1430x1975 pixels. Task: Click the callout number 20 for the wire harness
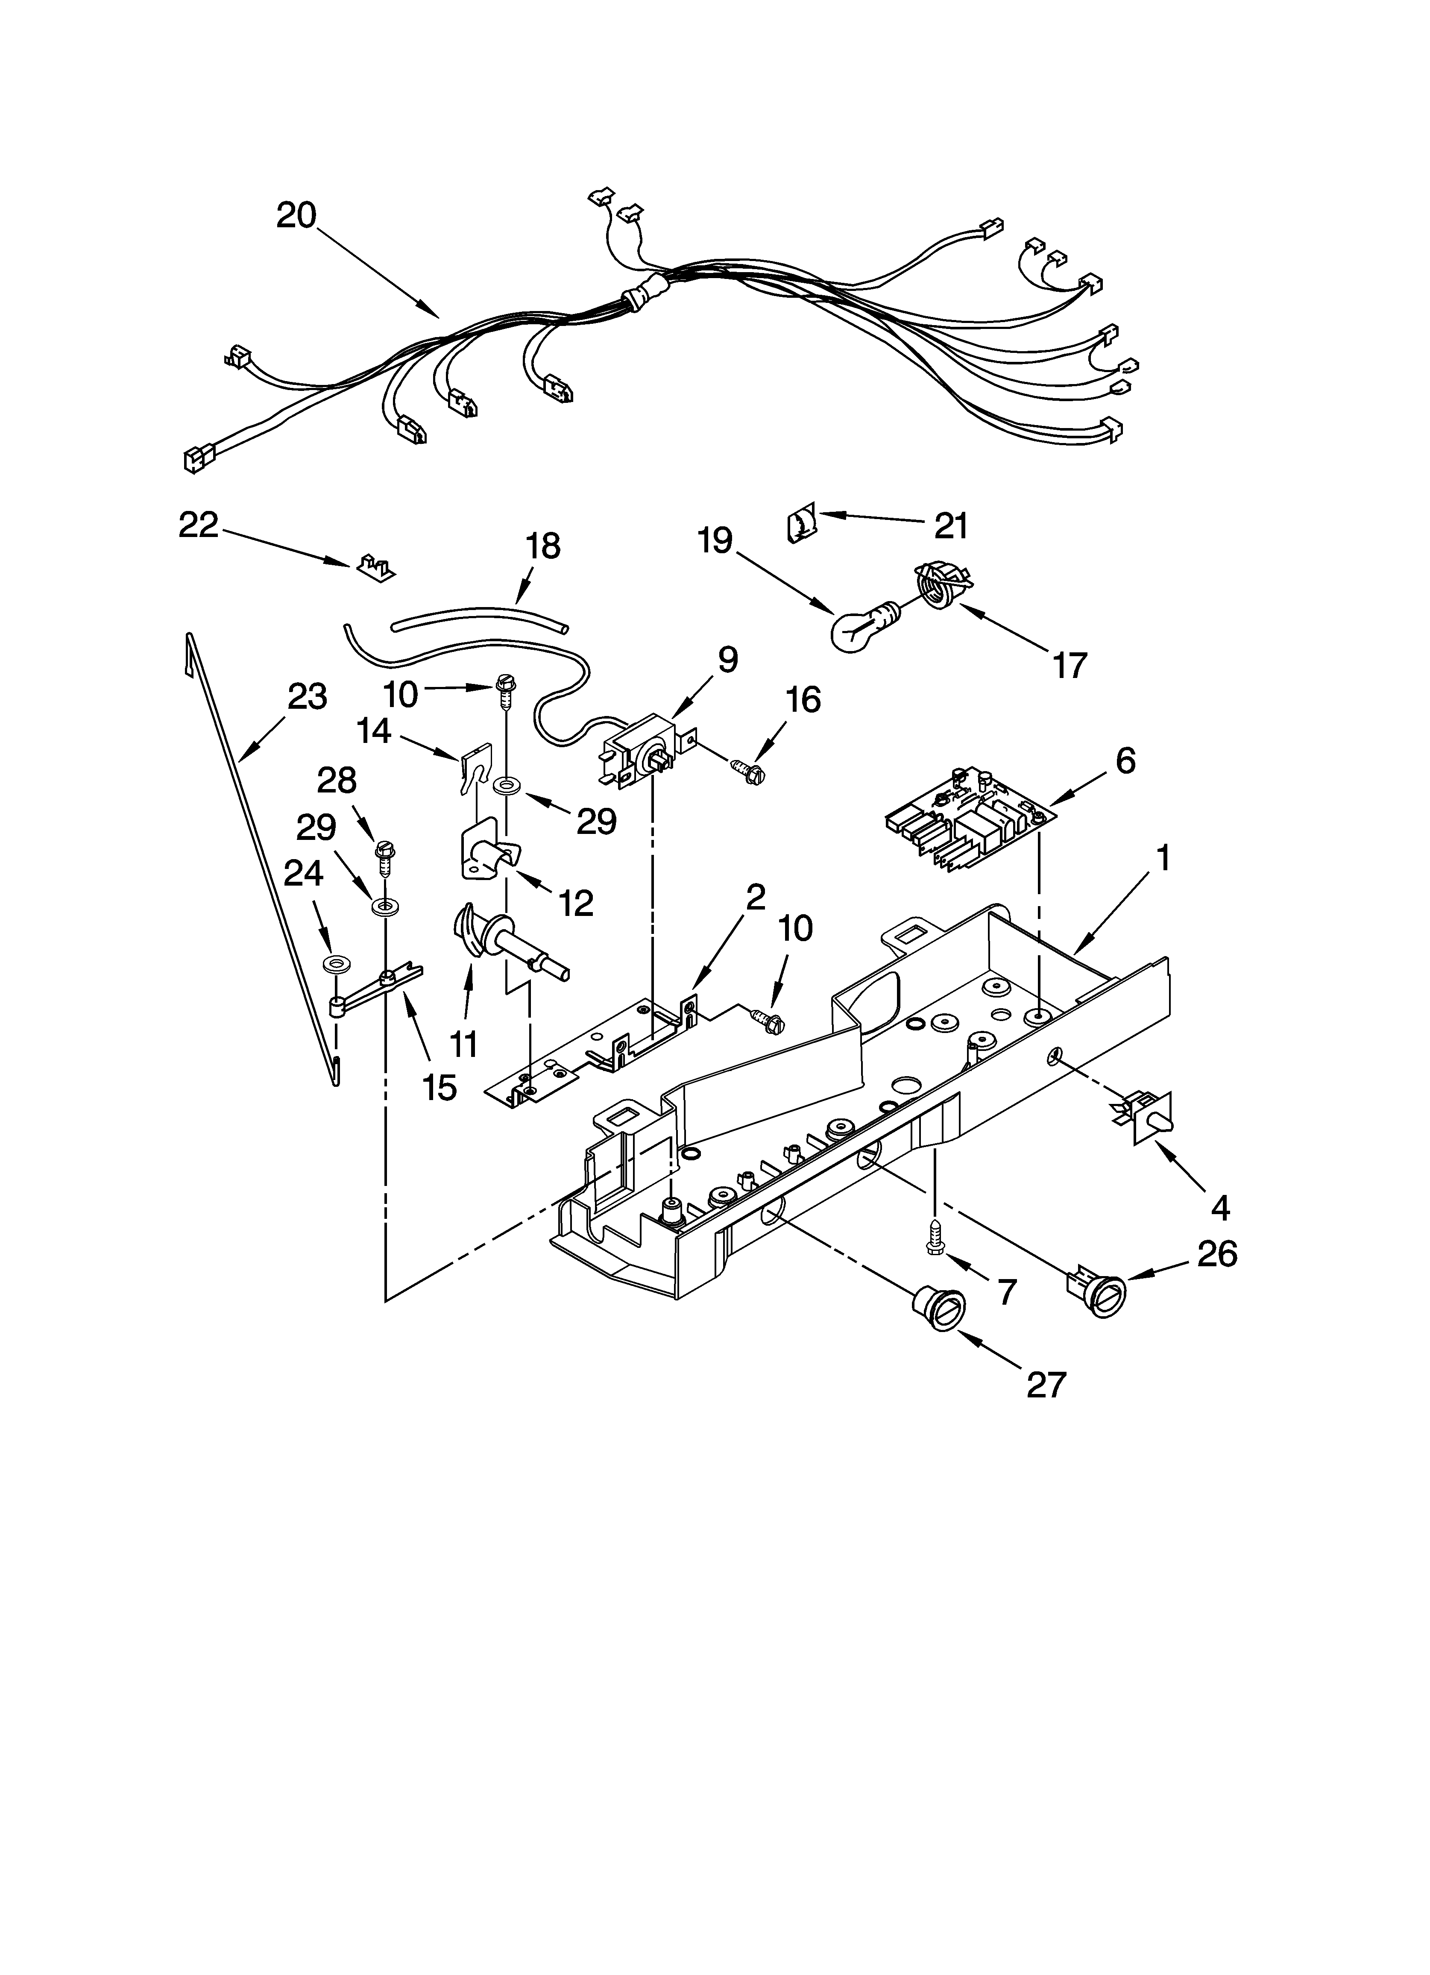(296, 215)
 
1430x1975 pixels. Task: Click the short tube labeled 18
(479, 616)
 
